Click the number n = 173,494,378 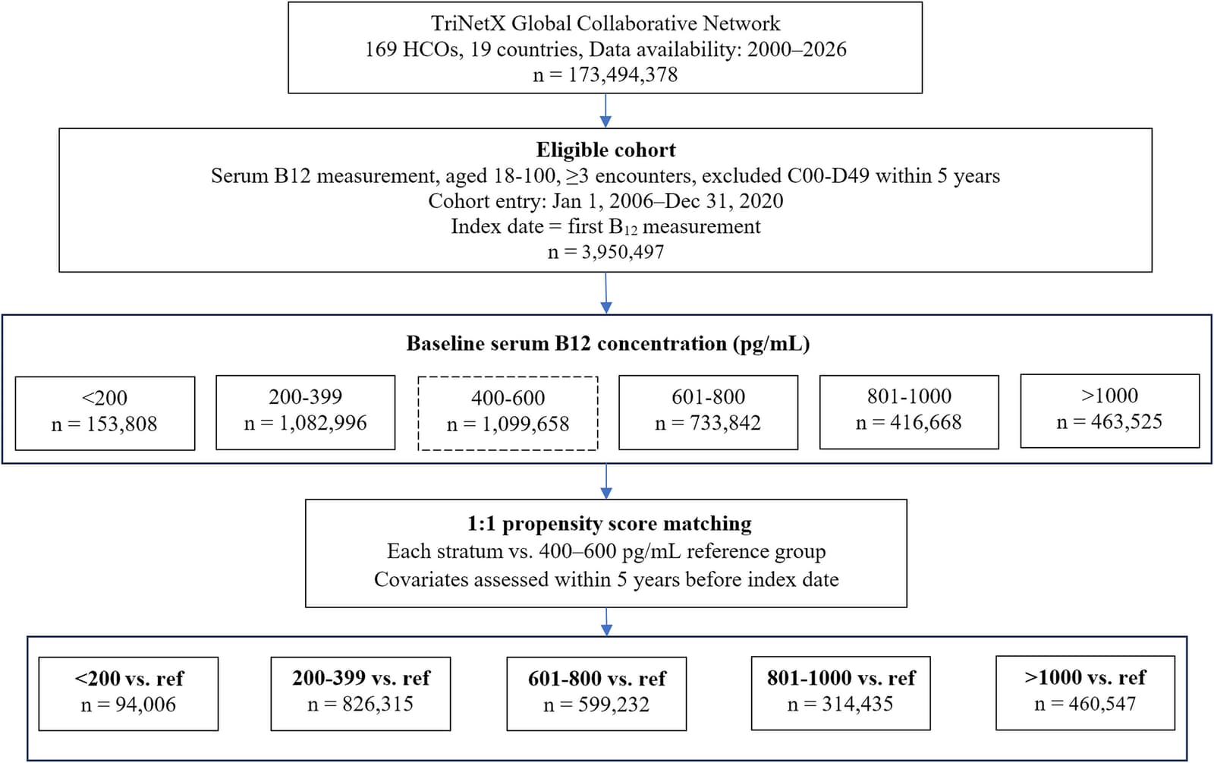click(605, 74)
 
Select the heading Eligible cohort click(606, 150)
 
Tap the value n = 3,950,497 click(606, 251)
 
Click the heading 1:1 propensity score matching click(609, 523)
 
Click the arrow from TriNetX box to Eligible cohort click(605, 111)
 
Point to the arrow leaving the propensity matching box click(606, 622)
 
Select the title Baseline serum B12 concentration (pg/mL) click(608, 344)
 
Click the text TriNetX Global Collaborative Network click(605, 24)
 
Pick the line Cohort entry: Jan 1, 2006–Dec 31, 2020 click(606, 201)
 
